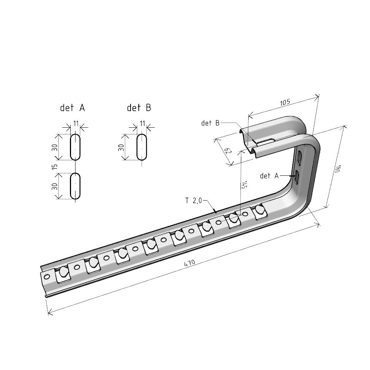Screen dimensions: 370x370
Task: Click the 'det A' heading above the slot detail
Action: [x=73, y=108]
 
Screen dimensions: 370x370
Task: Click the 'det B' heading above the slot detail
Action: [x=139, y=108]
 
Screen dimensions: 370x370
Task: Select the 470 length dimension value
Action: [x=189, y=263]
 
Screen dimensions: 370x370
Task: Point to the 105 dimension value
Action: [x=285, y=102]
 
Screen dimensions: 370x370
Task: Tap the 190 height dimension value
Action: [x=337, y=168]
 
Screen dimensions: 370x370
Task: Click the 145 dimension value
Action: [x=244, y=185]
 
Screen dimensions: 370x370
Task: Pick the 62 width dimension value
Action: [x=228, y=151]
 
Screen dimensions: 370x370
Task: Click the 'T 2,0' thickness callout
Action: [x=194, y=201]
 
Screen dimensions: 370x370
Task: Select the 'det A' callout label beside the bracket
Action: [x=269, y=176]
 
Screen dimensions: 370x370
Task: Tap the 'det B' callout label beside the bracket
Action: [x=210, y=123]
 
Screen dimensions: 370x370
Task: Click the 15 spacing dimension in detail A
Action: [x=55, y=166]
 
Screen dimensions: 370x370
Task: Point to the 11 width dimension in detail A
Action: [x=76, y=123]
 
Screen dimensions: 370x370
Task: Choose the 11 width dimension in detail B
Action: [x=142, y=123]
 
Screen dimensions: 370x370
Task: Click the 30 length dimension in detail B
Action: [x=121, y=148]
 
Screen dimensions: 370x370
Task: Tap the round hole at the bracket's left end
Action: [x=47, y=276]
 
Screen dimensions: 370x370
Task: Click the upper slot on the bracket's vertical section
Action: [x=299, y=157]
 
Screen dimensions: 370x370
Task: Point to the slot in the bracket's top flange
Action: [x=265, y=141]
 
